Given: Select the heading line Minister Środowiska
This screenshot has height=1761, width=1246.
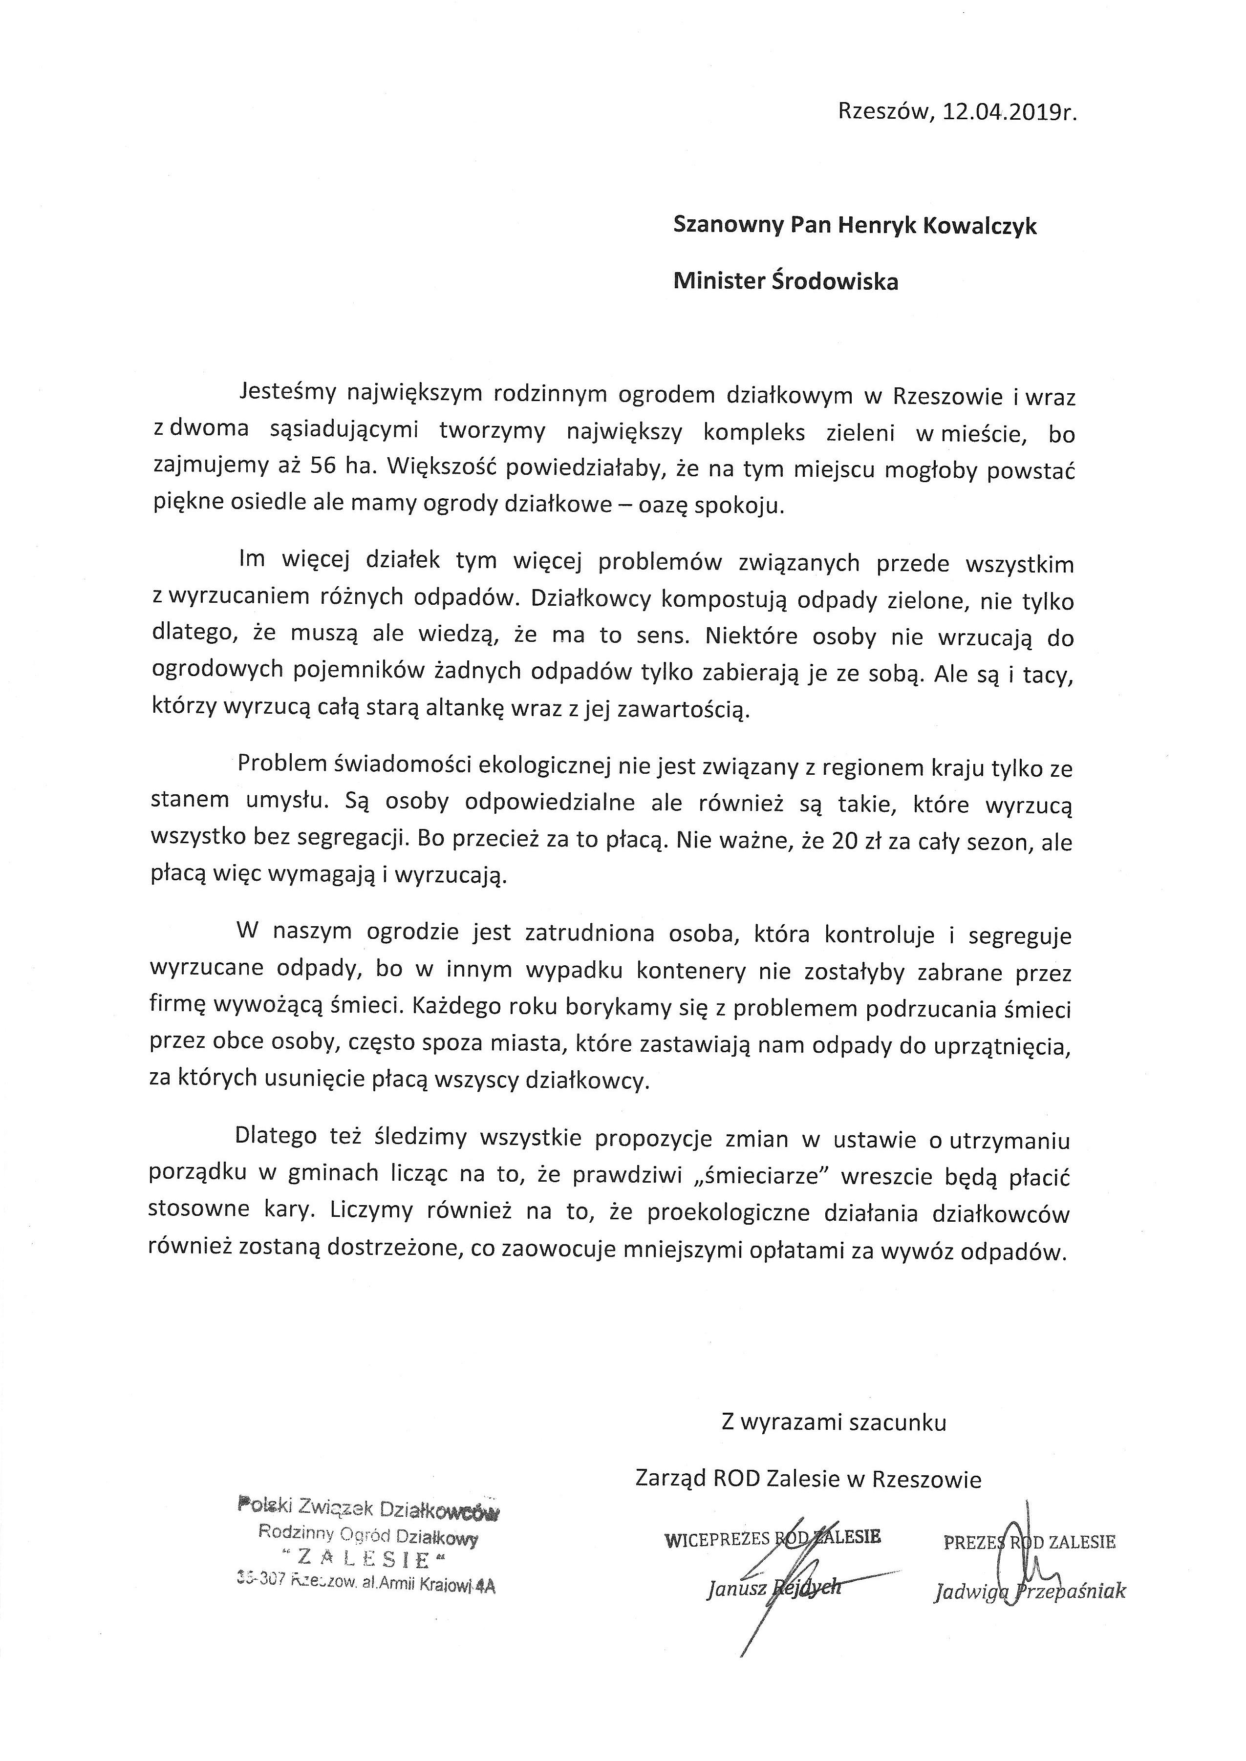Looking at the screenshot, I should point(786,281).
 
